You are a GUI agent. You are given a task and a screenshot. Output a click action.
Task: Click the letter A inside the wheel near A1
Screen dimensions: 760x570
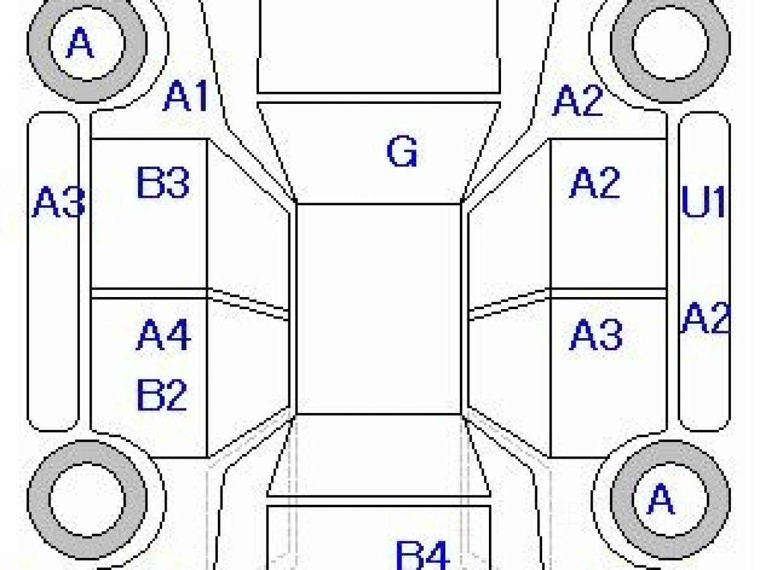point(80,42)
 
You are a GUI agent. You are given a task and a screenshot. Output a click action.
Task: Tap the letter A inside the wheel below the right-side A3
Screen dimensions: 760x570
point(661,498)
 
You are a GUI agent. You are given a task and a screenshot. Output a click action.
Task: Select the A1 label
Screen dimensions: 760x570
point(186,96)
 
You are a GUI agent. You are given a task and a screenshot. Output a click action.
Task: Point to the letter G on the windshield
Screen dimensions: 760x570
point(402,151)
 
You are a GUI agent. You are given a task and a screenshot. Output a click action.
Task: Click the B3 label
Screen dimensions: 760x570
point(163,183)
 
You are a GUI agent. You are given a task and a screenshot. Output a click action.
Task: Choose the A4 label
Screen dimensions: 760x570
point(163,334)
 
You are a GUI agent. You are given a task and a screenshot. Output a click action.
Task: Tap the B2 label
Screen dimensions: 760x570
point(162,395)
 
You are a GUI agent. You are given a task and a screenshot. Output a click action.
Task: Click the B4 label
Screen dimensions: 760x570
point(423,555)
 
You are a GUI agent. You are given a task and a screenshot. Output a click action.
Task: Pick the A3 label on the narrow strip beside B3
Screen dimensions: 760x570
point(58,202)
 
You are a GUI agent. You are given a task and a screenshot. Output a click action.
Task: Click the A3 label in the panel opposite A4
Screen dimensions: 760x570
point(596,334)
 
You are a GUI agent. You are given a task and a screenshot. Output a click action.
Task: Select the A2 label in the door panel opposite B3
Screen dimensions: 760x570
point(595,182)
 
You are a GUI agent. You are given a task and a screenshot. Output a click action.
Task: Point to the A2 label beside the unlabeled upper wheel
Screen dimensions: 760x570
point(578,100)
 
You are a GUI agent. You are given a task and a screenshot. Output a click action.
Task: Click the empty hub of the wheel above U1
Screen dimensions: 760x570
point(670,42)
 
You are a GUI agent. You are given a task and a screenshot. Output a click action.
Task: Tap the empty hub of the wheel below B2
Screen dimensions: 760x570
point(87,498)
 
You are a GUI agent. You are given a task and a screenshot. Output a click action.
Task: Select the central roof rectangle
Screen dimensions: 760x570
point(379,308)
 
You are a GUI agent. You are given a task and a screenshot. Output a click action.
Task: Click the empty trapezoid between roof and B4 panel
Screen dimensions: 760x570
point(379,455)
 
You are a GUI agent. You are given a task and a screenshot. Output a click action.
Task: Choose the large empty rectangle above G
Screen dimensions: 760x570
point(379,46)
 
